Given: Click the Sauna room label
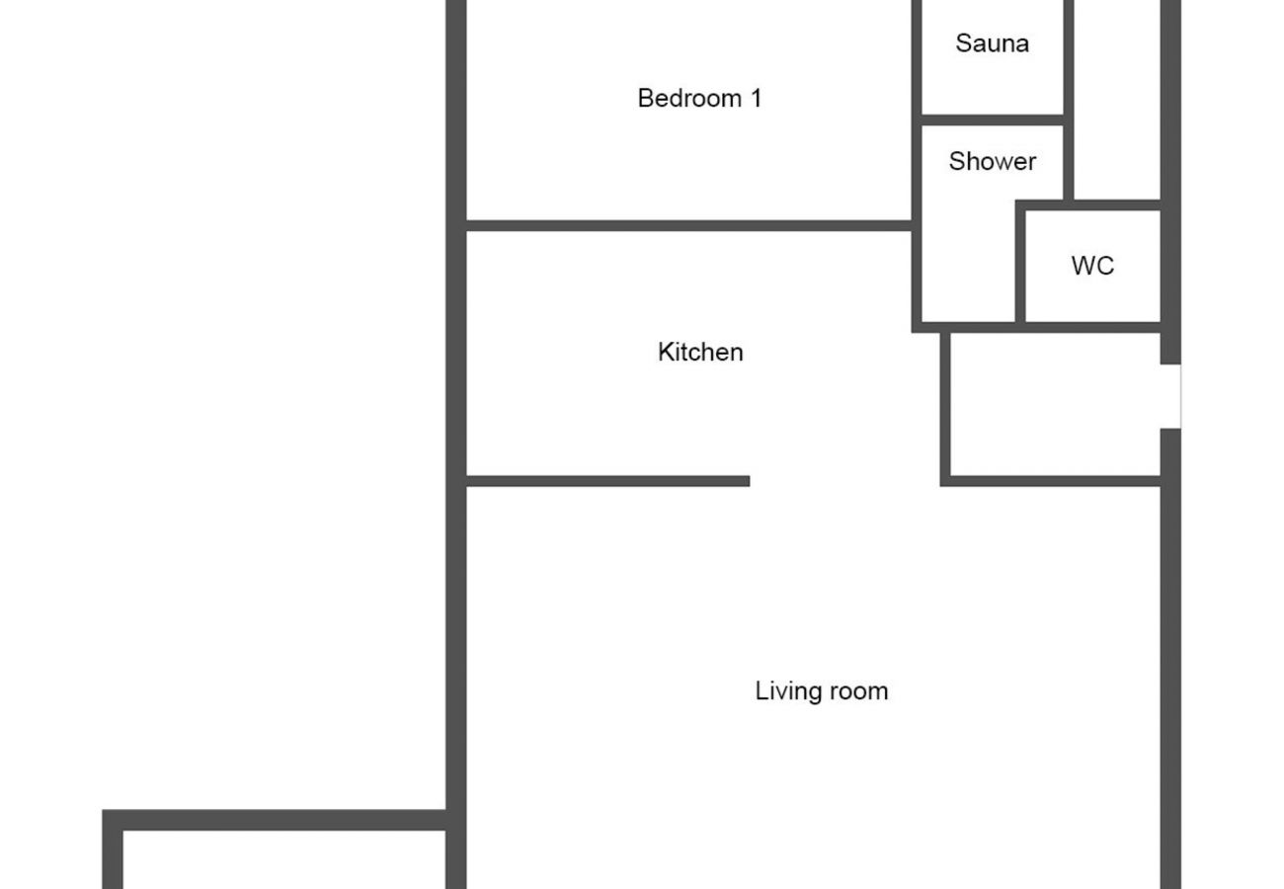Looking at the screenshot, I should click(992, 43).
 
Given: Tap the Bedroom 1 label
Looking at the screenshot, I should click(699, 98).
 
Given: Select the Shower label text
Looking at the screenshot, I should click(992, 161).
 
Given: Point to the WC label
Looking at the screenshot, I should click(1092, 266).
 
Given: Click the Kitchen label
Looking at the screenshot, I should click(700, 352).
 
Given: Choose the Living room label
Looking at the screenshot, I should click(821, 690).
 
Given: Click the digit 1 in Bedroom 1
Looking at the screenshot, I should click(756, 98).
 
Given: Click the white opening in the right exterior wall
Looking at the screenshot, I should click(1170, 396).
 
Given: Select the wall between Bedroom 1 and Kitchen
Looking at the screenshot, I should click(687, 226).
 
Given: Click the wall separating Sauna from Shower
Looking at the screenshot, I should click(992, 120).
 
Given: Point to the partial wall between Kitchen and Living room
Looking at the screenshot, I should click(607, 481).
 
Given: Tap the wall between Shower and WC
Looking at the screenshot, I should click(1020, 263).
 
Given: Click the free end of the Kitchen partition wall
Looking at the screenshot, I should click(746, 481).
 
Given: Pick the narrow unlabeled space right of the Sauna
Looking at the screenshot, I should click(1116, 99).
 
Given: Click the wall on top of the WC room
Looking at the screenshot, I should click(1090, 205).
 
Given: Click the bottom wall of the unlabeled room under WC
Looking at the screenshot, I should click(1053, 481).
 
